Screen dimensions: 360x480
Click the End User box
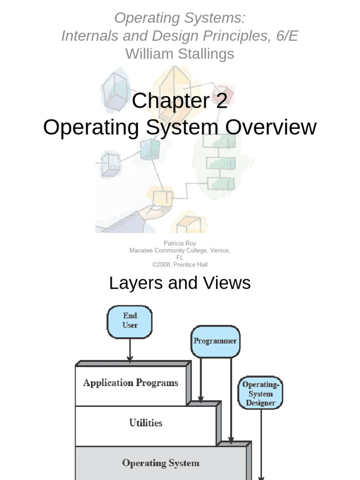130,322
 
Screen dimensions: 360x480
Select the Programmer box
215,341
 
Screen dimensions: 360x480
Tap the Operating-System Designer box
261,393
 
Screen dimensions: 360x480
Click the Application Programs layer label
131,383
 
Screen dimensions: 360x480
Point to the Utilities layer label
146,423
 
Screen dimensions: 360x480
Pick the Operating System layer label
161,463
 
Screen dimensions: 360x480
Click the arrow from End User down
130,350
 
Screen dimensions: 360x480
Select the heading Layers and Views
180,283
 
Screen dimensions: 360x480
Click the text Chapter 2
180,101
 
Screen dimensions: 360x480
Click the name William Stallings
180,54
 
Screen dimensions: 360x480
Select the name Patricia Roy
180,243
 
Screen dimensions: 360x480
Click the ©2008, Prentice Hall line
180,264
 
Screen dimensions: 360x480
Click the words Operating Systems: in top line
180,18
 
